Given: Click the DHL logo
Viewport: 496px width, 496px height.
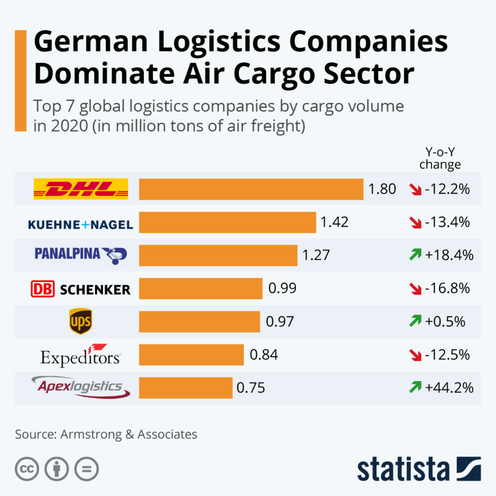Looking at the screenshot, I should coord(80,189).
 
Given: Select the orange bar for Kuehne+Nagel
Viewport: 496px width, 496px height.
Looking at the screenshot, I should coord(227,222).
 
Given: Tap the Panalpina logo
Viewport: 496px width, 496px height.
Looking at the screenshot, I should coord(80,255).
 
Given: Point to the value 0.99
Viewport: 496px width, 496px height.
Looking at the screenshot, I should coord(282,288).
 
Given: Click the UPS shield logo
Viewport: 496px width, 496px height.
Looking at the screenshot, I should coord(80,321).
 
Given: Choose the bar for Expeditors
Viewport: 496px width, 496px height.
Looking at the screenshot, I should coord(191,355).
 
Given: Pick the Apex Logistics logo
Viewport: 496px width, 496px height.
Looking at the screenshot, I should coord(80,388).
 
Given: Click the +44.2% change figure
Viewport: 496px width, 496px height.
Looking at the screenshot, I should coord(449,388).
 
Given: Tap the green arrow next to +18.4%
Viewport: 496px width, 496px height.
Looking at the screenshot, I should coord(416,255).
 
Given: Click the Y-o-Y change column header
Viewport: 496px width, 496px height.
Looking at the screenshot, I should coord(440,158).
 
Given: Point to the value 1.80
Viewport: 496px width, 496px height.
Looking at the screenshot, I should coord(382,189).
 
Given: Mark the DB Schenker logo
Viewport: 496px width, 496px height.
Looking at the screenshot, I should coord(80,288).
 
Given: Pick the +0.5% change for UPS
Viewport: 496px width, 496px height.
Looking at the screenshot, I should coord(445,321).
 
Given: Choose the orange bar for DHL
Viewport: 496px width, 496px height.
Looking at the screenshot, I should coord(251,189).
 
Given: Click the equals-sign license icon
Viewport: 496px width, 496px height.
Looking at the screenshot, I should coord(87,469).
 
